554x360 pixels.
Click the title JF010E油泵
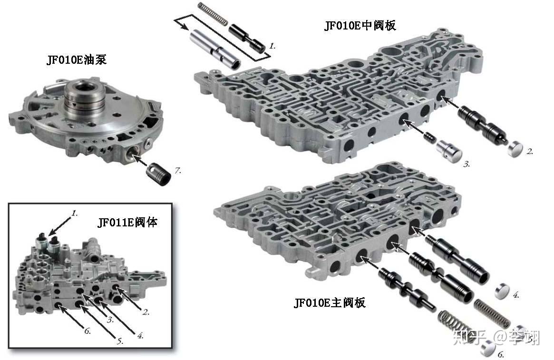click(76, 59)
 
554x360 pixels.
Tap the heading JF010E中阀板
click(360, 25)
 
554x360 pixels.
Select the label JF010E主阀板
click(329, 303)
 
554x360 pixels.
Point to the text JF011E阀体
click(127, 222)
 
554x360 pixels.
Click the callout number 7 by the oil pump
click(178, 170)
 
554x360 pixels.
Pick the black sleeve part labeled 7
click(159, 174)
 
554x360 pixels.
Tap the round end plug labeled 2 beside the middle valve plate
click(515, 149)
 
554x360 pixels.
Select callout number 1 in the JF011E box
click(75, 214)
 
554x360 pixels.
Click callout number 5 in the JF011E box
click(120, 341)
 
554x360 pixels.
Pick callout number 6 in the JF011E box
click(87, 331)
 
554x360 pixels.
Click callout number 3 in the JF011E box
click(110, 320)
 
